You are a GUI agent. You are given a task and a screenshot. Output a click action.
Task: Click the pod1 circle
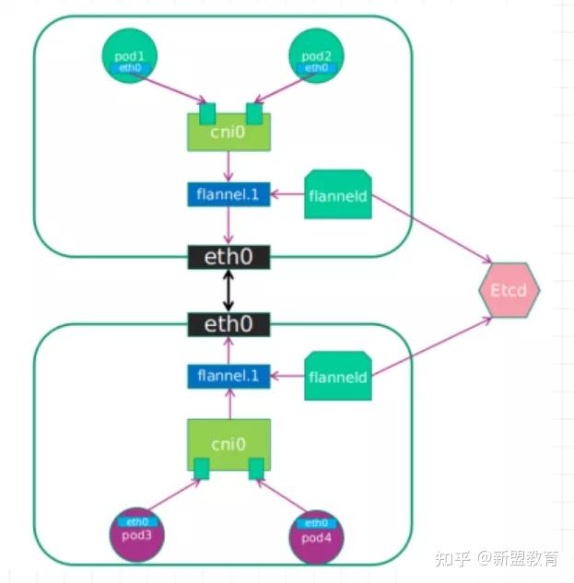pyautogui.click(x=130, y=56)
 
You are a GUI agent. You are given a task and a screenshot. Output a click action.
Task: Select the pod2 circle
pyautogui.click(x=316, y=56)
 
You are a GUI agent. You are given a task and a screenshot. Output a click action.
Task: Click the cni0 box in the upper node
pyautogui.click(x=228, y=134)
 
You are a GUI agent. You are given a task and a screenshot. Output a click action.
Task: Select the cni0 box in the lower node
pyautogui.click(x=228, y=443)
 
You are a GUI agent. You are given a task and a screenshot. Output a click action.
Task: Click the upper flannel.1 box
pyautogui.click(x=228, y=194)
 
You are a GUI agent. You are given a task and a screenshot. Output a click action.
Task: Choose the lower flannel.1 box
pyautogui.click(x=228, y=376)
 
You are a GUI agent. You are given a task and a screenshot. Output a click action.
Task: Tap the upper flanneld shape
pyautogui.click(x=337, y=194)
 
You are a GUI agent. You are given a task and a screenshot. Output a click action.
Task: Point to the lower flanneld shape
pyautogui.click(x=337, y=376)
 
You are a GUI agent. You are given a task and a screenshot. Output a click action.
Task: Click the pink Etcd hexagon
pyautogui.click(x=509, y=289)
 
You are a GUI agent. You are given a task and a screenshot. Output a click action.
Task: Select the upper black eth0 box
pyautogui.click(x=228, y=257)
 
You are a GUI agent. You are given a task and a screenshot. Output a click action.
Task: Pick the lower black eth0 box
pyautogui.click(x=228, y=324)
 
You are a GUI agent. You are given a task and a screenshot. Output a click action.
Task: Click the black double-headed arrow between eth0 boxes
pyautogui.click(x=228, y=291)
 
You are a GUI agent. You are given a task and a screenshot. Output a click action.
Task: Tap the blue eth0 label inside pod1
pyautogui.click(x=130, y=68)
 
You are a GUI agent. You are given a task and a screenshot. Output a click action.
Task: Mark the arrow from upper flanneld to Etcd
pyautogui.click(x=433, y=231)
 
